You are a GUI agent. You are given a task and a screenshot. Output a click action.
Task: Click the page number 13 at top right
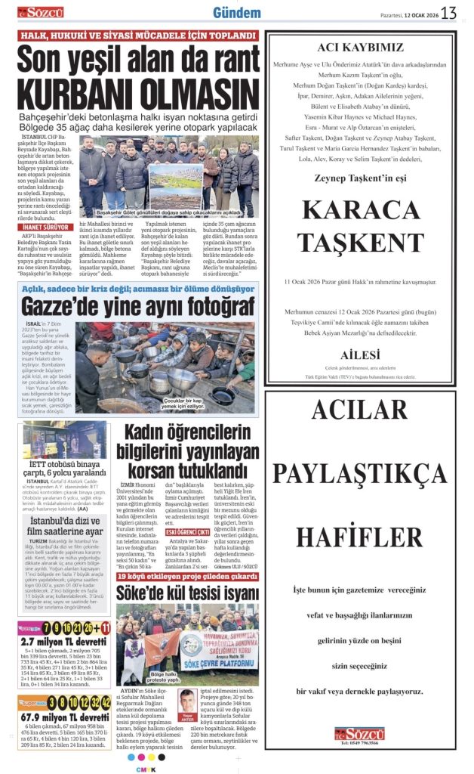tap(449, 12)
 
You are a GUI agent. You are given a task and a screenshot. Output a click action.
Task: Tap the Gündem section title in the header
tap(237, 12)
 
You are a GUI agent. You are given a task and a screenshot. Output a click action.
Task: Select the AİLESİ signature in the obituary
tap(359, 354)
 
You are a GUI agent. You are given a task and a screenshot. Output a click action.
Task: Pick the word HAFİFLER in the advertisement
tap(359, 537)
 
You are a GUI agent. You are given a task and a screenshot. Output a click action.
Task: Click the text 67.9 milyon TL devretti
tap(64, 717)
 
